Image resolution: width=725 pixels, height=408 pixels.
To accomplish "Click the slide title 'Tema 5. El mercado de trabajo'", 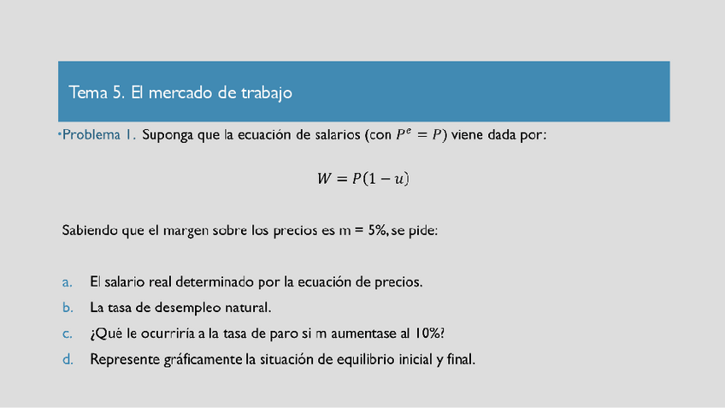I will pos(180,92).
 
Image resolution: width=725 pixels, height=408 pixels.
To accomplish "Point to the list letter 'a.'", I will pos(68,281).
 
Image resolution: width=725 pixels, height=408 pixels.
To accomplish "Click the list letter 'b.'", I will pos(68,307).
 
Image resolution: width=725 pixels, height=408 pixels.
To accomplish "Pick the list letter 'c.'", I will pos(68,333).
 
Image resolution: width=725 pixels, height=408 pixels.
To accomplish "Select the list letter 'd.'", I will pos(68,359).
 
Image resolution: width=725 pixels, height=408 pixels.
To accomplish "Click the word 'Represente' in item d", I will pos(124,359).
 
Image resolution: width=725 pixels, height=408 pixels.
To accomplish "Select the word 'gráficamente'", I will pos(201,359).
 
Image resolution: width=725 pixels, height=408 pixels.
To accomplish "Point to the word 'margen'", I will pos(195,231).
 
